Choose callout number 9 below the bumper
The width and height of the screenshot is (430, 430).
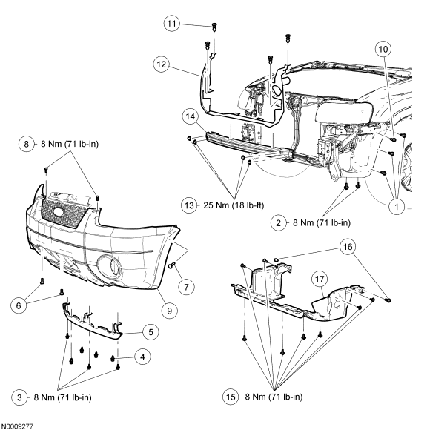169,312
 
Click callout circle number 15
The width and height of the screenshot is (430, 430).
231,397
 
